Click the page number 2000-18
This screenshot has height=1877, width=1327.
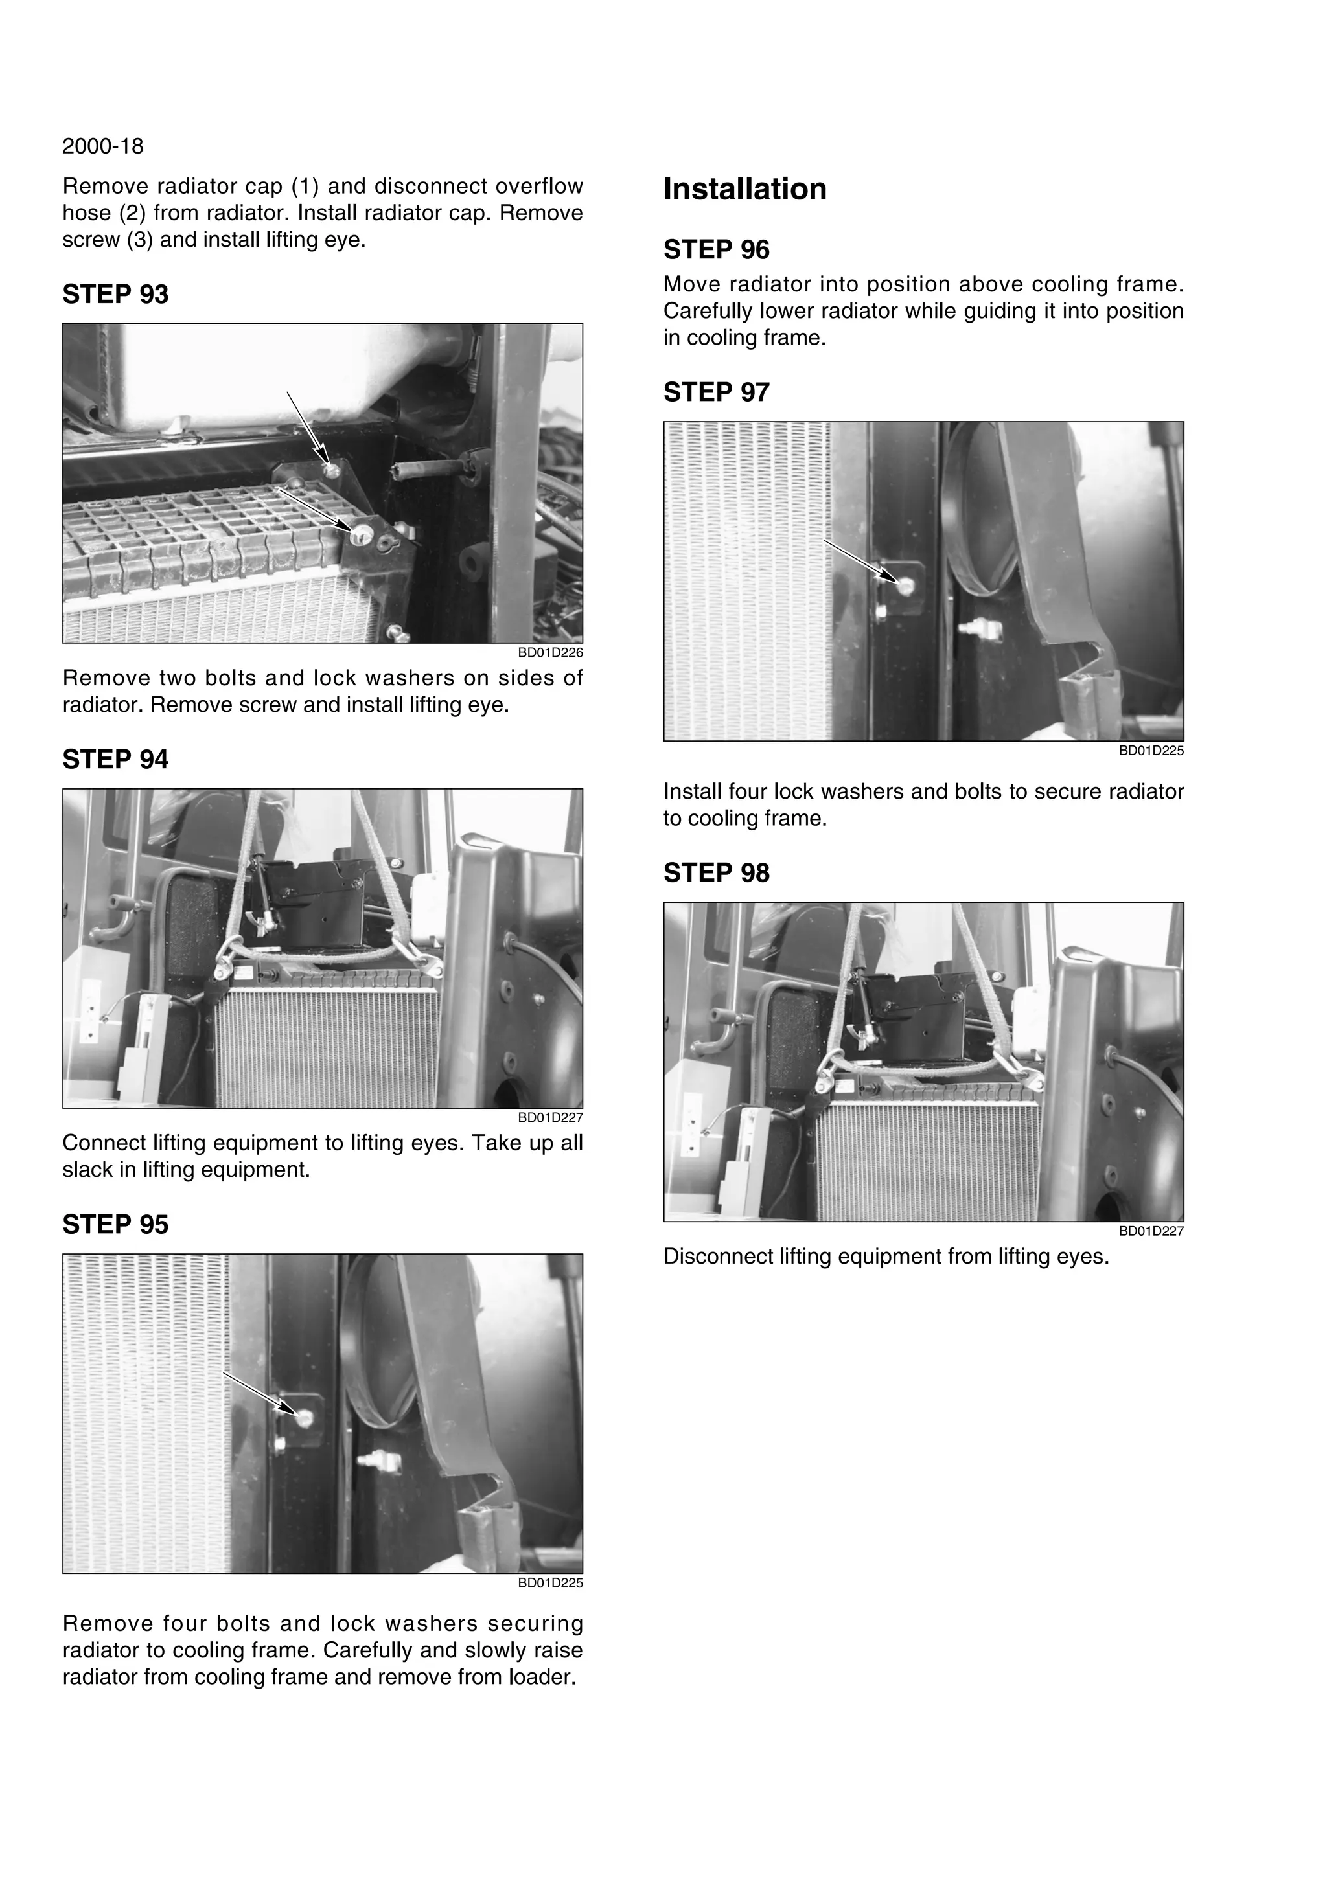pos(103,146)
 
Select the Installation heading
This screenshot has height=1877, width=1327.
pos(745,189)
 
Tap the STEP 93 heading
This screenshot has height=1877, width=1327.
pos(115,294)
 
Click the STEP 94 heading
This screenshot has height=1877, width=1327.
pos(115,760)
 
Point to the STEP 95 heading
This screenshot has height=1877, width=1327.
pos(115,1225)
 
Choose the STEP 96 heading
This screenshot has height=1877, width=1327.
pos(716,250)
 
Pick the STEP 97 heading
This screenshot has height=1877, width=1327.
pos(716,392)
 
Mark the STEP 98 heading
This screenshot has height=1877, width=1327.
pos(716,873)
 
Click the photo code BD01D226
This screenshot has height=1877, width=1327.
pos(550,653)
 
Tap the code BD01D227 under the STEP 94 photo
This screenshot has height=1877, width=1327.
pos(550,1117)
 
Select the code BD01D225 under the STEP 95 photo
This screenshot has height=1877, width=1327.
pos(550,1583)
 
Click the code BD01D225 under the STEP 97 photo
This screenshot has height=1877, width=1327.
pos(1151,751)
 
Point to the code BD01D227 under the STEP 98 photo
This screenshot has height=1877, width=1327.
pos(1151,1231)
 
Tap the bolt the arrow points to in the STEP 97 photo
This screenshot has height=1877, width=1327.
pos(905,586)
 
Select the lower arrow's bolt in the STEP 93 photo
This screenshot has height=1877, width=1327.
pos(360,536)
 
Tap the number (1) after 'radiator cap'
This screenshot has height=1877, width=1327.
pos(304,187)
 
